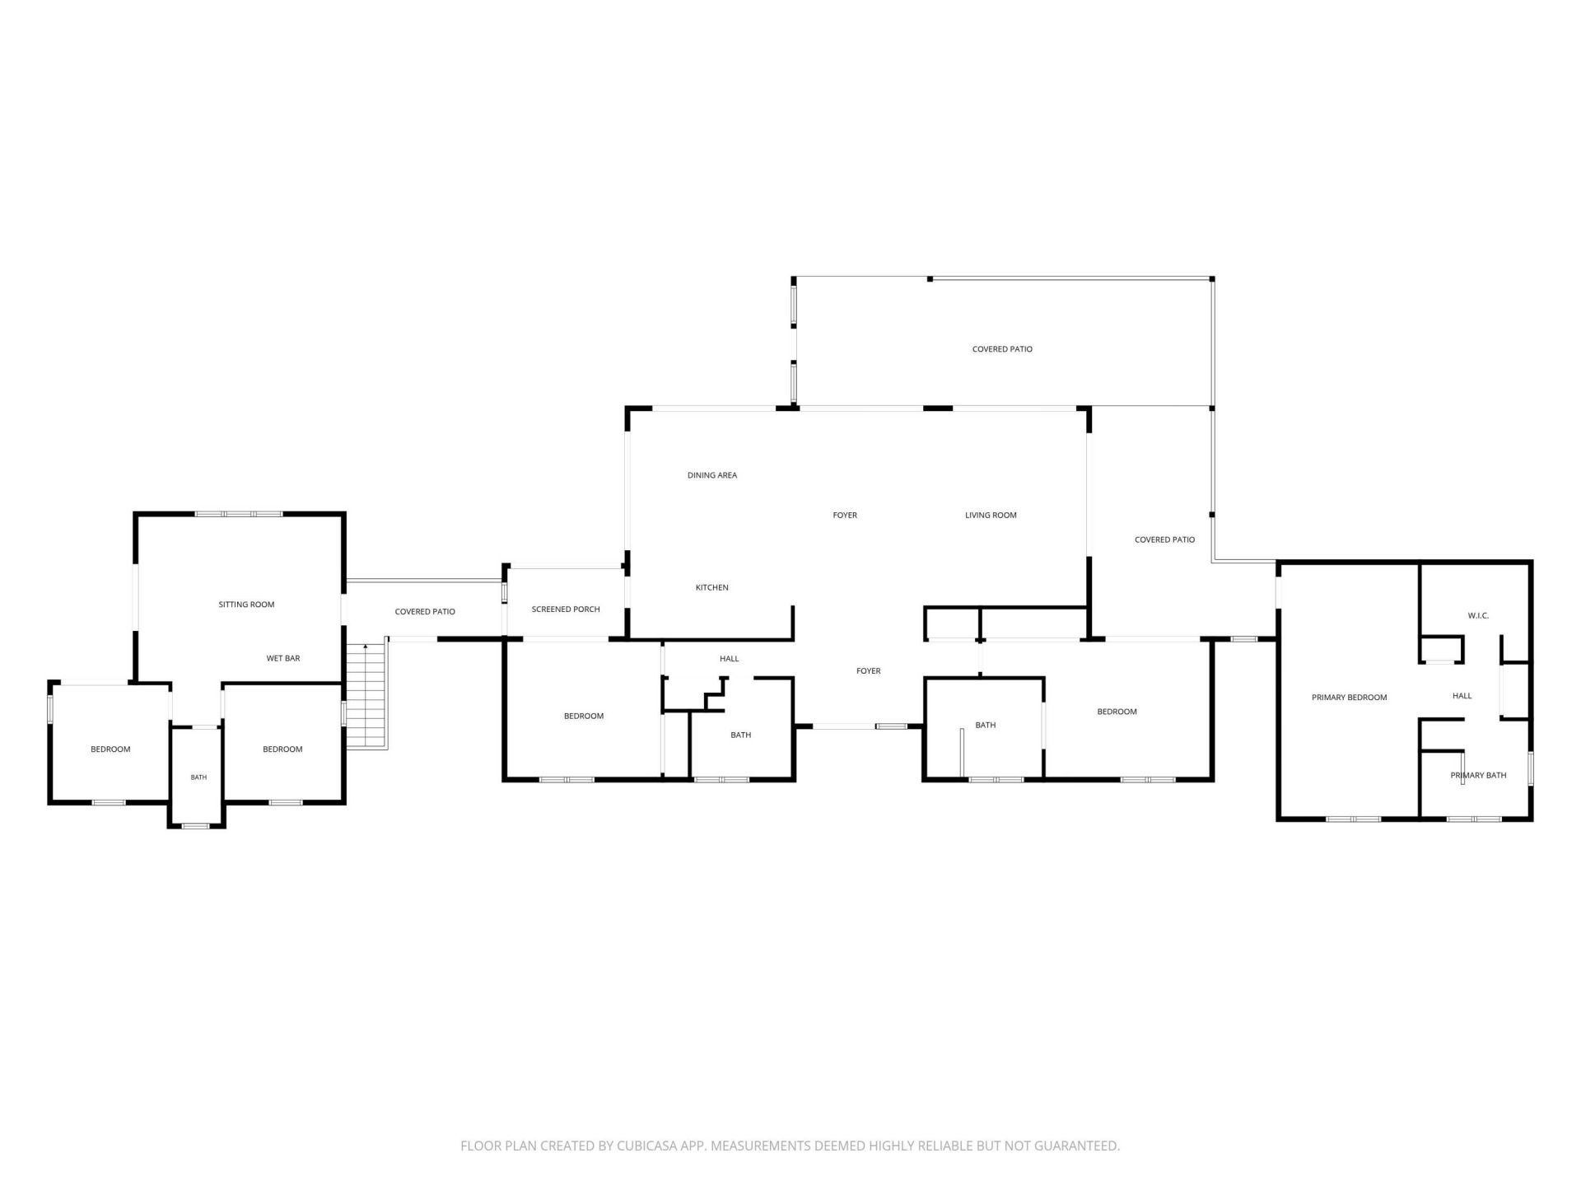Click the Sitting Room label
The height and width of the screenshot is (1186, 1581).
pos(246,605)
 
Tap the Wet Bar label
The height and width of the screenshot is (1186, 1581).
pos(283,658)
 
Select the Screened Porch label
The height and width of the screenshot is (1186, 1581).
pos(566,609)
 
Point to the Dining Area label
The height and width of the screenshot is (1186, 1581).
pos(712,475)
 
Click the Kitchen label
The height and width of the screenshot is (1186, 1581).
pos(712,587)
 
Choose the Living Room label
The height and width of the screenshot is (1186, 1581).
pos(991,516)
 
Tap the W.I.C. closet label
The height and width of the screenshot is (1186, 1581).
pos(1478,616)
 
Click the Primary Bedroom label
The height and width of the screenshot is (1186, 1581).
pos(1349,698)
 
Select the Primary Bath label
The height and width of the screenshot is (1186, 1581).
pos(1478,775)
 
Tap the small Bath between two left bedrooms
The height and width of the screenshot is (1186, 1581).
pos(198,777)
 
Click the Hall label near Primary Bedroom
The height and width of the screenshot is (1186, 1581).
pos(1462,696)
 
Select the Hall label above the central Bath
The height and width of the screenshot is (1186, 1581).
pos(729,659)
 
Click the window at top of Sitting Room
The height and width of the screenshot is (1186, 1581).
pos(239,514)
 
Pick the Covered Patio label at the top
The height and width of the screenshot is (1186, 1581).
pos(1002,349)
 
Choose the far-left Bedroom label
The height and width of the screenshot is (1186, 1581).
pos(110,749)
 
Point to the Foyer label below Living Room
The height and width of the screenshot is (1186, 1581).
pos(869,671)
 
